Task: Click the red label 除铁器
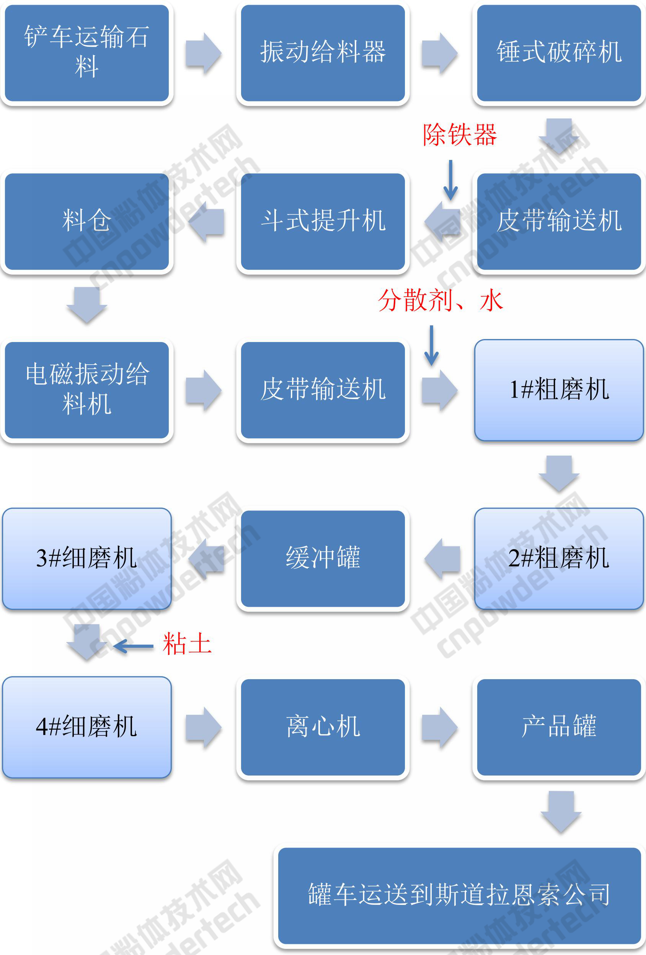click(460, 135)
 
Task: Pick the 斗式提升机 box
click(323, 222)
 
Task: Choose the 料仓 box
click(87, 222)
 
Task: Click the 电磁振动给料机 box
click(87, 390)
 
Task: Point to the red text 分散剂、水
click(440, 300)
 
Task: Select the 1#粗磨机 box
click(559, 390)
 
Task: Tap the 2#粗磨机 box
click(559, 559)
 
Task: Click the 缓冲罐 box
click(323, 559)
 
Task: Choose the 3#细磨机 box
click(87, 559)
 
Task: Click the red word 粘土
click(187, 644)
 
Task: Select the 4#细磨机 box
click(87, 727)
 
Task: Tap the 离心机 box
click(323, 727)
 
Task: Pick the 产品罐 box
click(559, 727)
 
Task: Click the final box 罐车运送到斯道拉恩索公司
click(459, 895)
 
